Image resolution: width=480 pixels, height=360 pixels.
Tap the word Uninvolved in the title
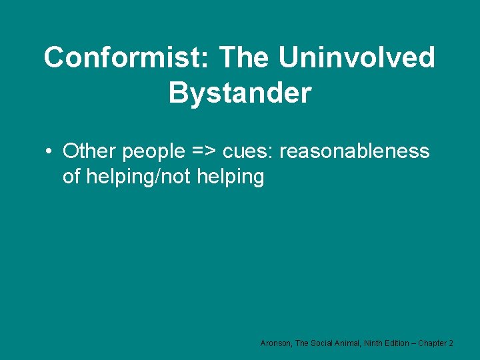coord(357,58)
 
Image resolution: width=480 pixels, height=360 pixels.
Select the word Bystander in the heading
coord(240,93)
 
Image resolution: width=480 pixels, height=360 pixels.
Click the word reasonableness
coord(355,152)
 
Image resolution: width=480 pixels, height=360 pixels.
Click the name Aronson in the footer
coord(275,343)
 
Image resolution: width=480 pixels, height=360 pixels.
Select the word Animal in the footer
coord(352,343)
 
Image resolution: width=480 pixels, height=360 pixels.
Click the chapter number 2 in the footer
coord(452,343)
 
